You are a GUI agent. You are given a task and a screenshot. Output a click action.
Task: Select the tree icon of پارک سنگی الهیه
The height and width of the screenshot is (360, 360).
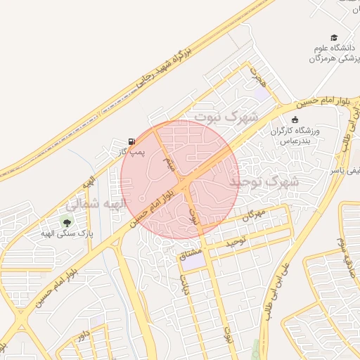[x=67, y=222]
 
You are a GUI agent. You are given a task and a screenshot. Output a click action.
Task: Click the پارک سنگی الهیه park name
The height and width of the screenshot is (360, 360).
[x=65, y=233]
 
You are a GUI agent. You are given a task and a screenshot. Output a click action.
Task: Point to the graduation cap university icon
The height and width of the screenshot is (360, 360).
[x=334, y=38]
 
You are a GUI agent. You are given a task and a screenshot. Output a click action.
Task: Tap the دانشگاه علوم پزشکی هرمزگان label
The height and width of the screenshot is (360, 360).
[x=333, y=53]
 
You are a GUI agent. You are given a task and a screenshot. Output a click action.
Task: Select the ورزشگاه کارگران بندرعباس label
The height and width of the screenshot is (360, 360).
[x=295, y=136]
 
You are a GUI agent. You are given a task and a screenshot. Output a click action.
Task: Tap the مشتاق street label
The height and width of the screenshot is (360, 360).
[x=191, y=250]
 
